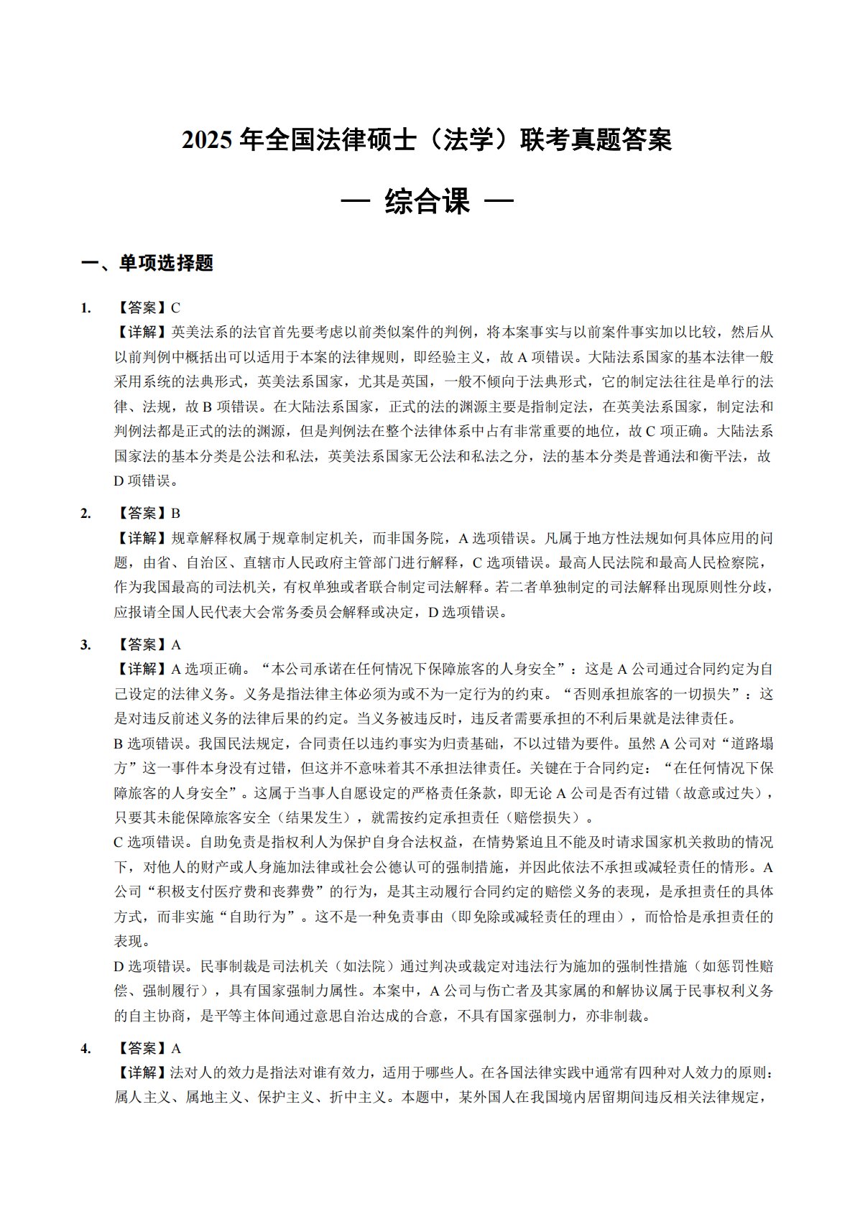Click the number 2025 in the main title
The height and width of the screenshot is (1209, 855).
[207, 140]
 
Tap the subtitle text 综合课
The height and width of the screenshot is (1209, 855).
[427, 202]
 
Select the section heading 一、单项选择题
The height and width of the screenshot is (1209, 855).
[147, 264]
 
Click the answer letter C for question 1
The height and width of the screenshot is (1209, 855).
[175, 308]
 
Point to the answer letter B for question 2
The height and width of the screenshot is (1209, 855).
[175, 513]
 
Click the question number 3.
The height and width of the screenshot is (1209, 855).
[85, 644]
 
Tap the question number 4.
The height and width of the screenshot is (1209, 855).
[85, 1048]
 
